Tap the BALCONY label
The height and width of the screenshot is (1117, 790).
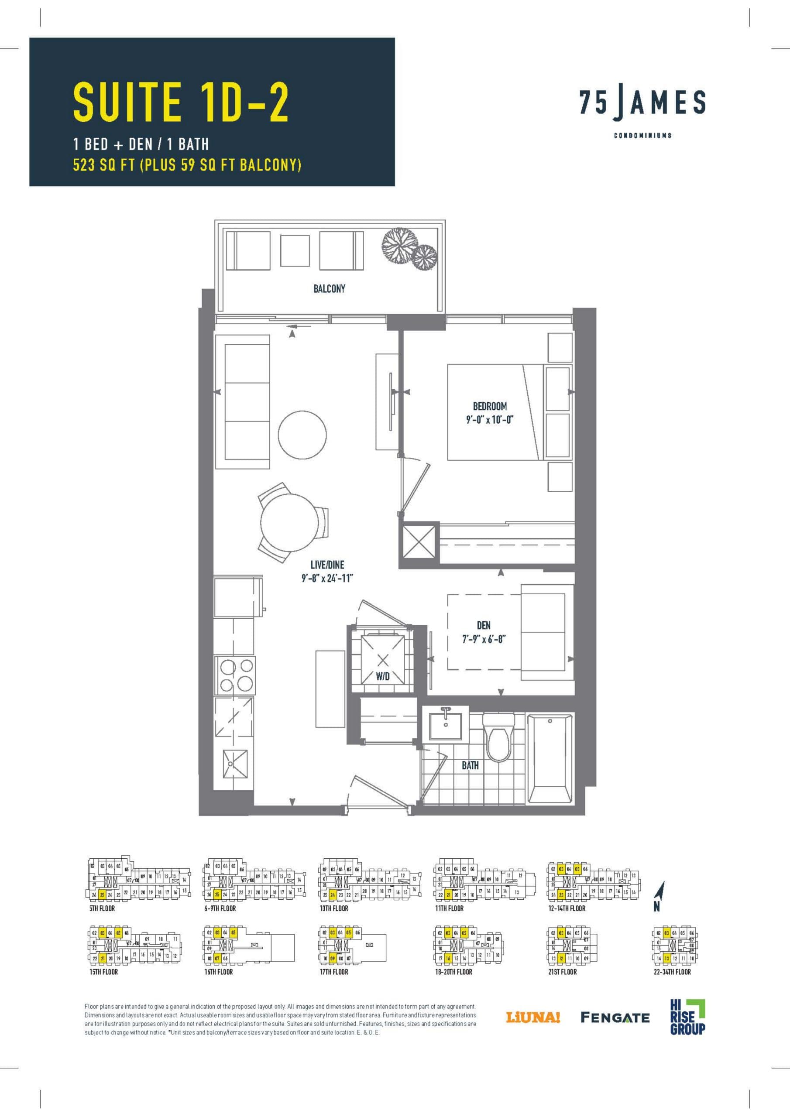pyautogui.click(x=329, y=288)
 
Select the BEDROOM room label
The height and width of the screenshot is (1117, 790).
pyautogui.click(x=490, y=406)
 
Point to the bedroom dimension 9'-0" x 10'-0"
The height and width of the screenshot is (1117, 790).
pyautogui.click(x=490, y=418)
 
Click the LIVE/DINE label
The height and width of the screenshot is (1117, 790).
pyautogui.click(x=327, y=564)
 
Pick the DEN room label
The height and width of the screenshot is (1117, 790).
pyautogui.click(x=483, y=625)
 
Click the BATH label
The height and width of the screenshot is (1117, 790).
pyautogui.click(x=470, y=765)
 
